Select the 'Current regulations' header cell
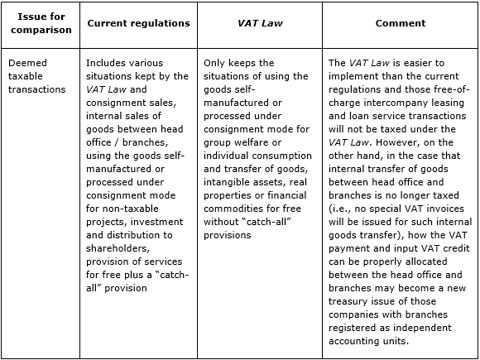pyautogui.click(x=138, y=23)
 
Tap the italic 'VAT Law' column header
pyautogui.click(x=261, y=23)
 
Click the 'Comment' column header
pyautogui.click(x=400, y=23)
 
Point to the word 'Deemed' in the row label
pyautogui.click(x=27, y=63)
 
